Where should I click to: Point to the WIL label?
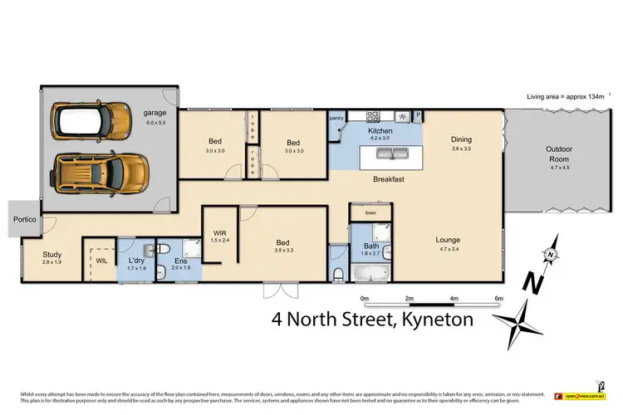[101, 261]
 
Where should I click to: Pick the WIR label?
[219, 234]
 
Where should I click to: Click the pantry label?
[336, 119]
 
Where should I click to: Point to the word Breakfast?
[388, 179]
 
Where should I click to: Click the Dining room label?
[461, 139]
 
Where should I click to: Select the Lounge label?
[449, 240]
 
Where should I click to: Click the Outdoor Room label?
[558, 154]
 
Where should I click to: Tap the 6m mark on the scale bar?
[498, 298]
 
